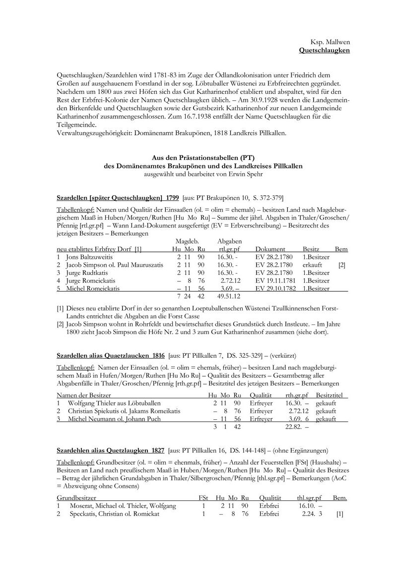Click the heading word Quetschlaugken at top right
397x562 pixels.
[x=325, y=51]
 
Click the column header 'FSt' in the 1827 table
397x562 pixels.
[x=203, y=497]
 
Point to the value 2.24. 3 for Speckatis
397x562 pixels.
[x=312, y=514]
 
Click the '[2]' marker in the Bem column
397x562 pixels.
[x=341, y=265]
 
